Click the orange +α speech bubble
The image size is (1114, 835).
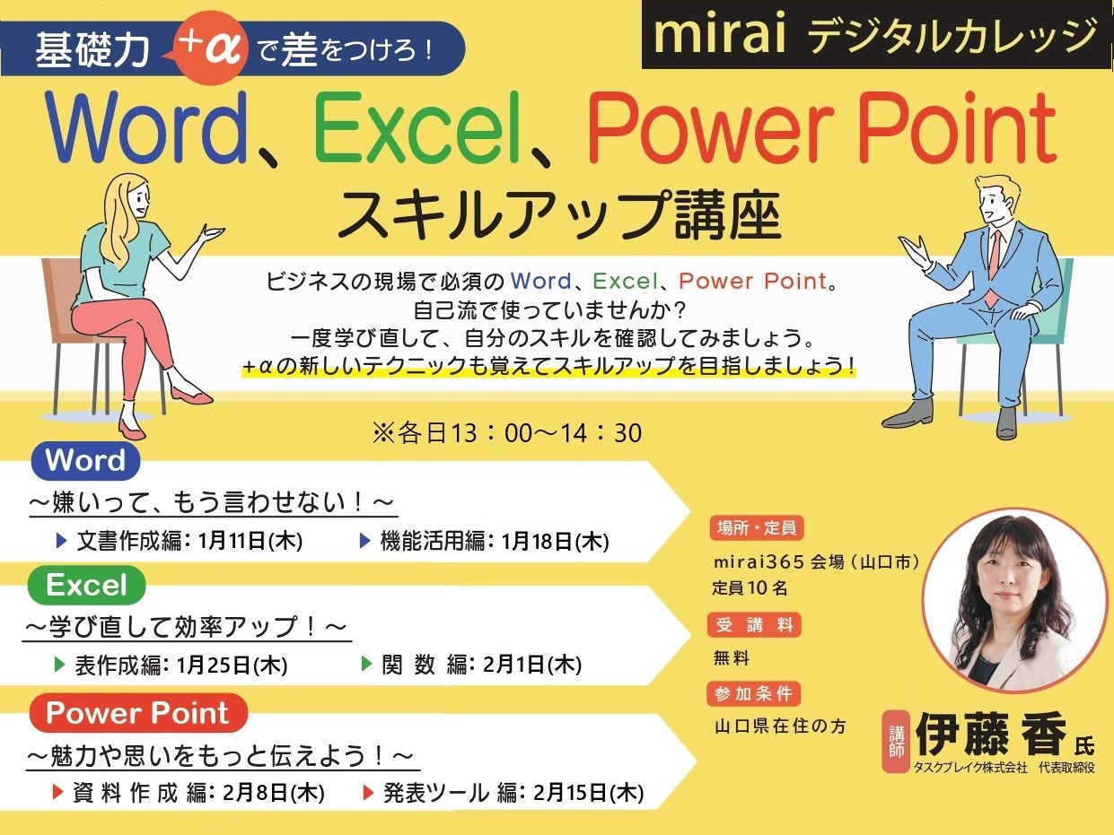click(x=209, y=48)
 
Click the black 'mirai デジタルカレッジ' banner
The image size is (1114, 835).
click(x=876, y=34)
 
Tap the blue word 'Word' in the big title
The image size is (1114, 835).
click(x=146, y=127)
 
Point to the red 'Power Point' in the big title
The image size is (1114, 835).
click(x=822, y=129)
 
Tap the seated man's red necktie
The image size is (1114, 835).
click(x=992, y=269)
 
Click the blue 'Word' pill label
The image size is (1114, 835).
click(x=85, y=461)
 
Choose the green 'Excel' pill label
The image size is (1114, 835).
click(x=86, y=585)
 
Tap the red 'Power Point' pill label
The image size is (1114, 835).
click(x=138, y=713)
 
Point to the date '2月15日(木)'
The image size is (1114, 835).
click(x=588, y=793)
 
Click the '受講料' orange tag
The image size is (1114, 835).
click(x=754, y=625)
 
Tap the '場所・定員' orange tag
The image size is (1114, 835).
click(x=756, y=528)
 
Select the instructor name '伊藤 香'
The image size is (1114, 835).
click(x=990, y=735)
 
